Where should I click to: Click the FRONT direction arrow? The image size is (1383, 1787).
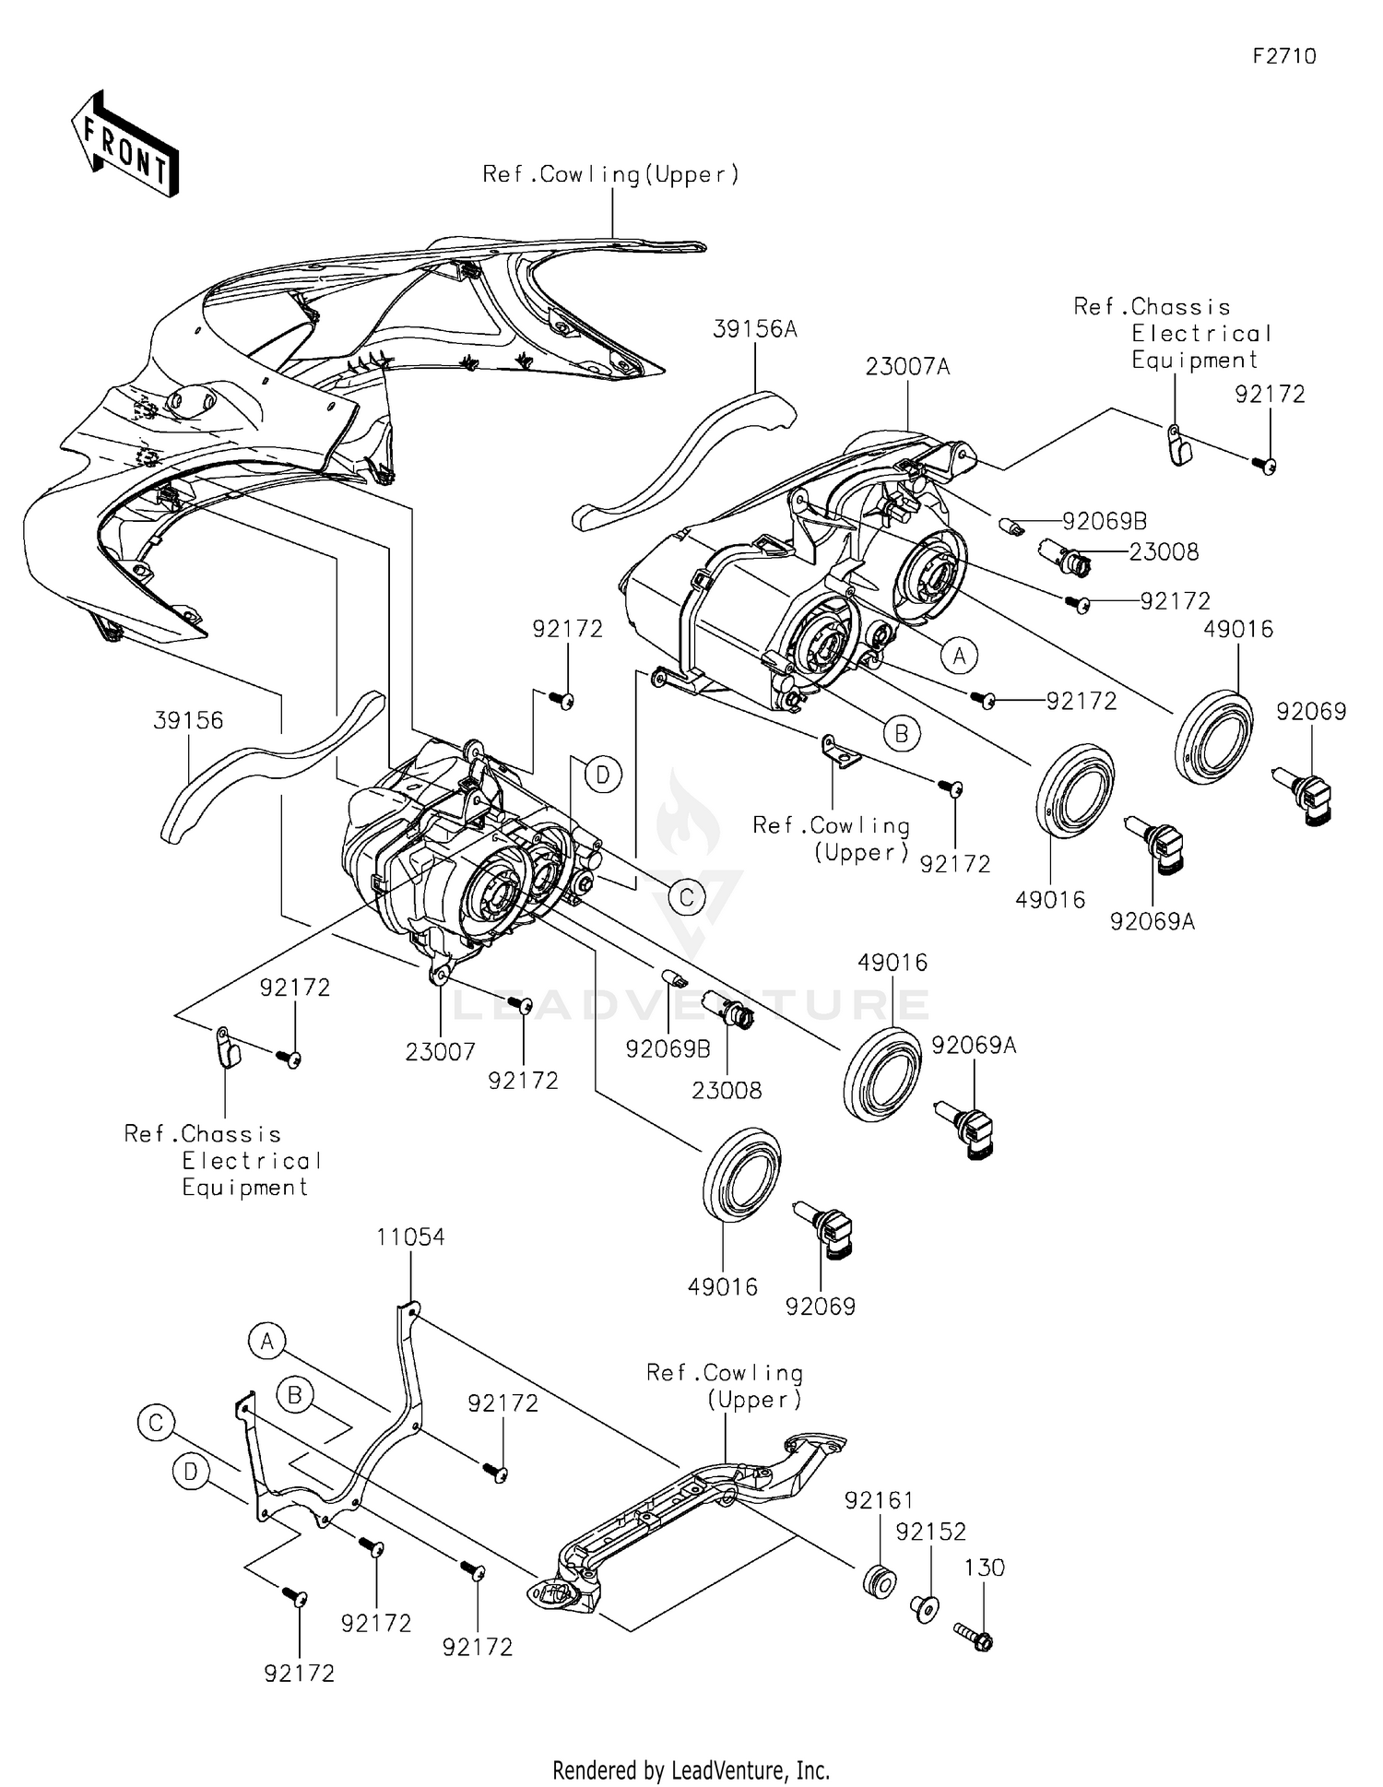click(x=124, y=143)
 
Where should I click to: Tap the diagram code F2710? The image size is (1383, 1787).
click(x=1284, y=56)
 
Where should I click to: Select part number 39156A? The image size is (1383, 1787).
click(x=754, y=329)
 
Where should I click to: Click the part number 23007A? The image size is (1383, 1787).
click(x=907, y=367)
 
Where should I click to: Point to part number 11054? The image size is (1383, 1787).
click(x=410, y=1237)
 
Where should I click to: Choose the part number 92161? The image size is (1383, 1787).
click(x=879, y=1501)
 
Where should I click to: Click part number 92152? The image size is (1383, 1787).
click(x=930, y=1532)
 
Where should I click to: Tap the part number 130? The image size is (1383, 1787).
click(x=985, y=1568)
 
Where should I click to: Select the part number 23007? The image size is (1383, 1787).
click(x=441, y=1051)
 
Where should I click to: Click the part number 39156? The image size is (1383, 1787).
click(x=188, y=721)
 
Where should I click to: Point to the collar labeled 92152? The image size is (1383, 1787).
click(x=925, y=1609)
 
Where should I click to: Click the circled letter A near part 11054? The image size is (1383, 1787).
click(x=267, y=1342)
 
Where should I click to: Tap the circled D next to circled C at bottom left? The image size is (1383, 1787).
click(x=191, y=1473)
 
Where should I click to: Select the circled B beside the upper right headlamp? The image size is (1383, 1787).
click(x=902, y=733)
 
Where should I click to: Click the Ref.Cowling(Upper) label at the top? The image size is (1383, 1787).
click(x=611, y=175)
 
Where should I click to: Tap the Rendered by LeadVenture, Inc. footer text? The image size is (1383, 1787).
click(x=691, y=1770)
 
